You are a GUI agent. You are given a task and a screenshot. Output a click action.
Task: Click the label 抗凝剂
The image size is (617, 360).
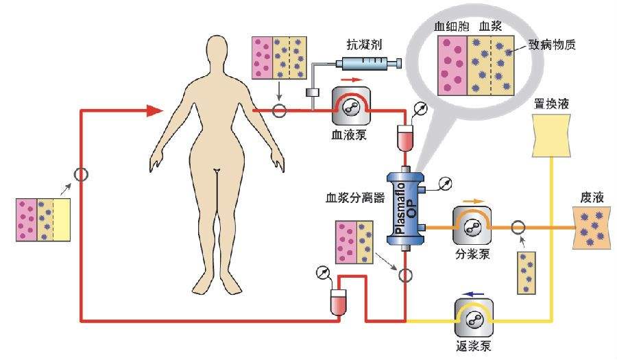(365, 47)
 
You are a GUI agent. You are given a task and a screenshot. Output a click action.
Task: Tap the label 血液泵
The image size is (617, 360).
(348, 134)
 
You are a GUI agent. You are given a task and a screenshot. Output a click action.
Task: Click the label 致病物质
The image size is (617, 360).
(551, 47)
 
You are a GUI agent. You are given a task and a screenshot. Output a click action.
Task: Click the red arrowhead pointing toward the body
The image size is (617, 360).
(155, 110)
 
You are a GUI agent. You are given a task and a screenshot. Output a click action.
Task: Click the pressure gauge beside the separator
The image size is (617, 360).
(445, 183)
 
